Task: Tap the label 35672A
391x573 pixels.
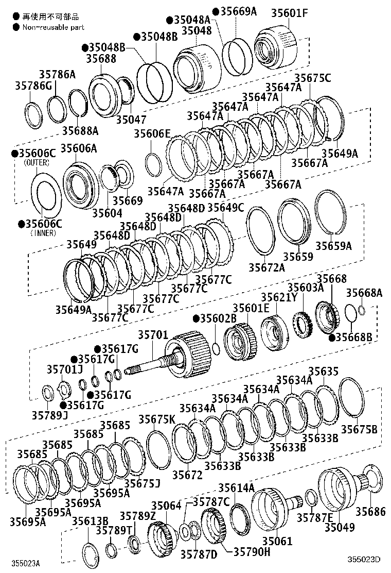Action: (266, 267)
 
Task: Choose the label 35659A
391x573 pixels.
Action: (333, 246)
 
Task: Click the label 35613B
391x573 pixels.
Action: (90, 521)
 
